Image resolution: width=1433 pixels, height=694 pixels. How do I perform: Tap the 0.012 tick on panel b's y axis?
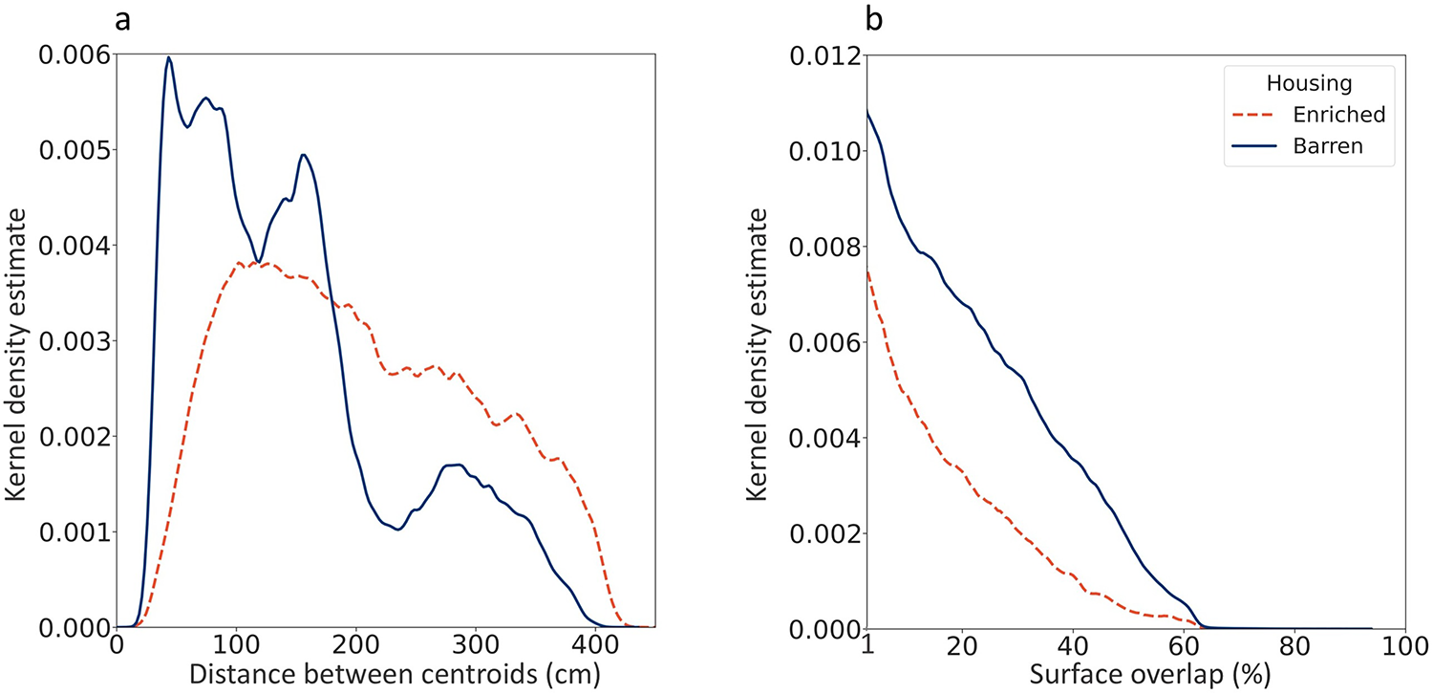pos(823,55)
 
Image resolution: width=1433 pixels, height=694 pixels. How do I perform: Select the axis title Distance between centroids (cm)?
pos(395,675)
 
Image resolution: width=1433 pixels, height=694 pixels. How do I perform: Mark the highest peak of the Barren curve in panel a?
pos(169,57)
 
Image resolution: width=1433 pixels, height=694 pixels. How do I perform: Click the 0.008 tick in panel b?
pos(823,247)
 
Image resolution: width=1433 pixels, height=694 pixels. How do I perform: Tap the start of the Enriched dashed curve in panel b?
pos(867,271)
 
